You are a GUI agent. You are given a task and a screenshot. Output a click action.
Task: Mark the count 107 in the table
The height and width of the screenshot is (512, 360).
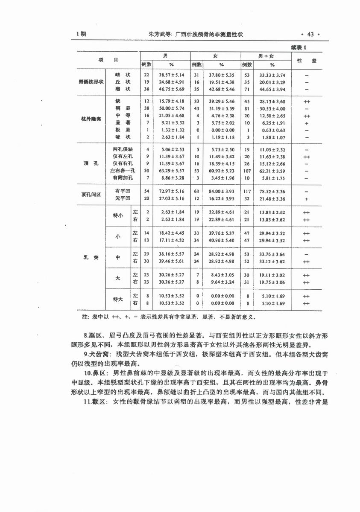point(247,171)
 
